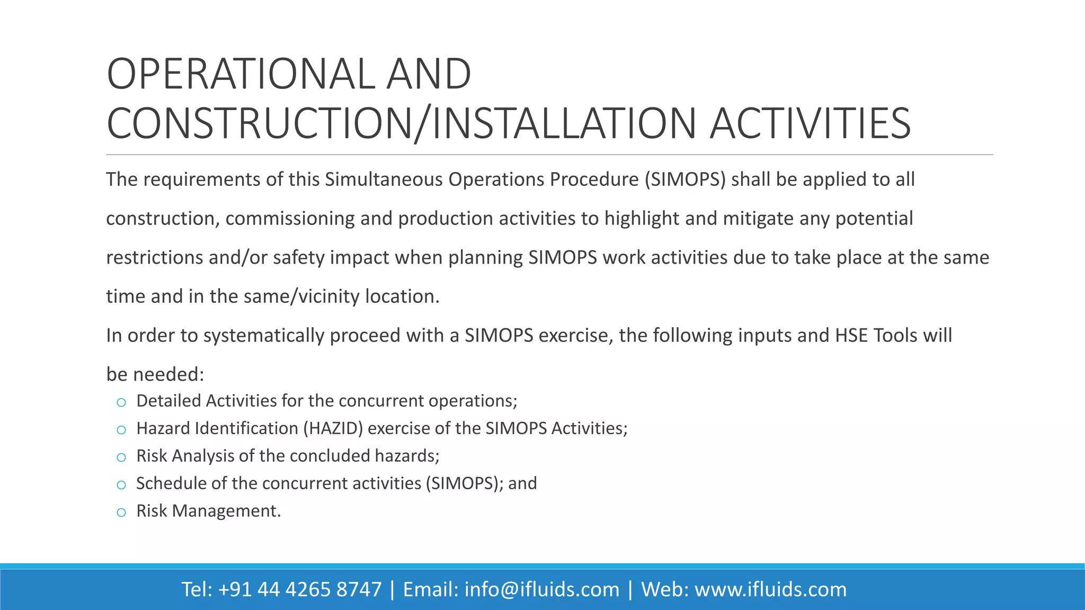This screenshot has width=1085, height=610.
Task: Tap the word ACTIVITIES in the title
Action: (810, 124)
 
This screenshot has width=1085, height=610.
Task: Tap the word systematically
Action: (263, 336)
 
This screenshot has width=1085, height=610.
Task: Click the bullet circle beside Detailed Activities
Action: (121, 402)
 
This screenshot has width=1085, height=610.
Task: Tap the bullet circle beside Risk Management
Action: (121, 513)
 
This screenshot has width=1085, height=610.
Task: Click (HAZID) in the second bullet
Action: (333, 428)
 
